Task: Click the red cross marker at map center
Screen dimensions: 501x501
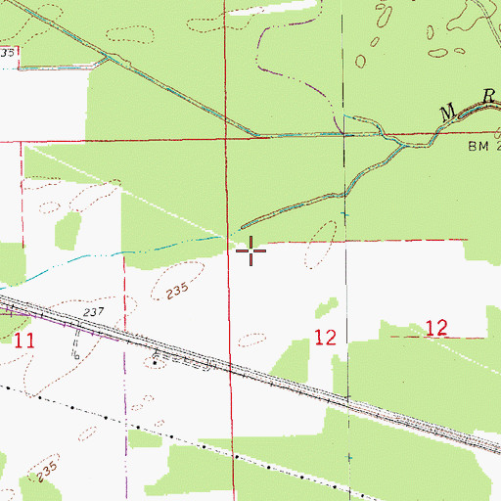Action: click(251, 251)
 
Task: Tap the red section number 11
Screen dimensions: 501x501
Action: click(24, 341)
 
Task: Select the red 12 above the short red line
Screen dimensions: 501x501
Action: click(436, 328)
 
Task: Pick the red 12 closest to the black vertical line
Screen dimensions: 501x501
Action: click(326, 338)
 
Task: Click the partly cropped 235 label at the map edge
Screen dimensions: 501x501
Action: click(8, 52)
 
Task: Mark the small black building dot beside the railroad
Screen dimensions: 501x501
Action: click(156, 362)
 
